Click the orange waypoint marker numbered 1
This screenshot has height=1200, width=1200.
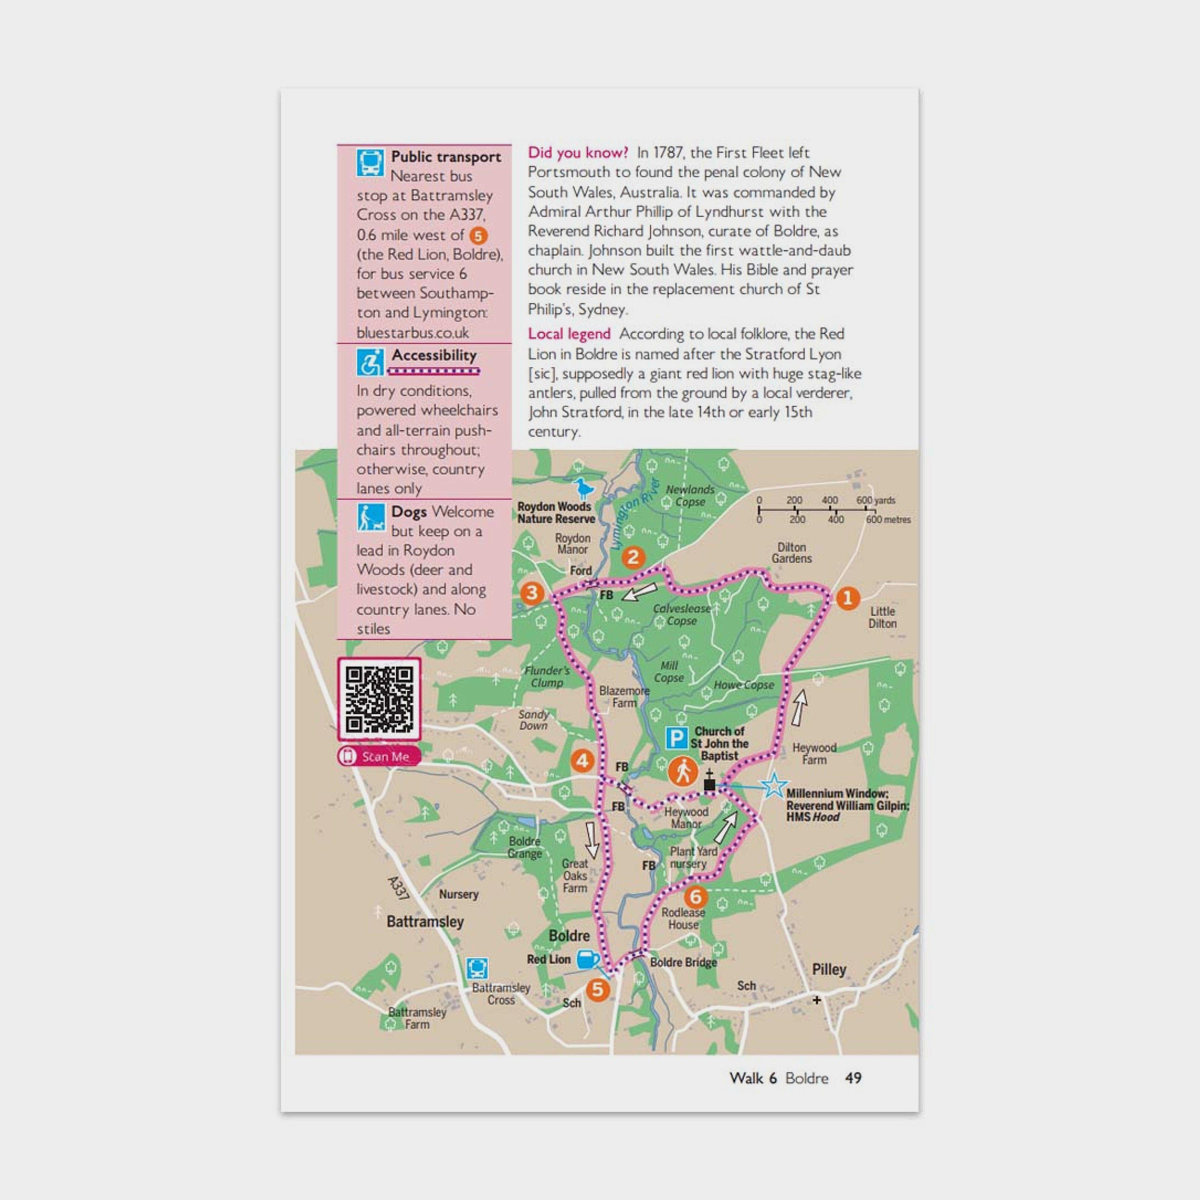click(847, 598)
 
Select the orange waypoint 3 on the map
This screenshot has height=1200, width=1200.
click(532, 593)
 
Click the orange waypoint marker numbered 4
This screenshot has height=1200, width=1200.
click(582, 760)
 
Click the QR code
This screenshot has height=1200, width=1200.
click(379, 699)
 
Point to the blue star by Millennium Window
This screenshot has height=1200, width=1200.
click(774, 786)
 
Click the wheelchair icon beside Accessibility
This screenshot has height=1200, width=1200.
click(370, 362)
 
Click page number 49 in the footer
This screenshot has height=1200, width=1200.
click(853, 1078)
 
